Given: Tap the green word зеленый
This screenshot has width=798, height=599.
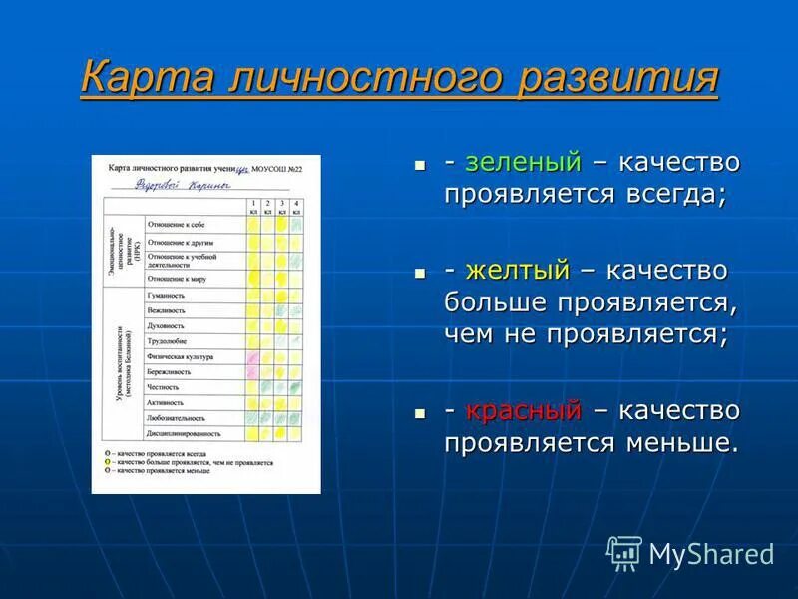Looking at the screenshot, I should [523, 162].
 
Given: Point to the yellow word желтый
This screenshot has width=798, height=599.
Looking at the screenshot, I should [517, 270].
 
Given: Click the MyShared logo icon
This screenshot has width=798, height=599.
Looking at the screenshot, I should [624, 552].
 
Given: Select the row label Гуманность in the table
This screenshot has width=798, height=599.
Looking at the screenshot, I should [166, 296].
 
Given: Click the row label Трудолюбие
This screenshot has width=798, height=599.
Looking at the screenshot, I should [166, 340].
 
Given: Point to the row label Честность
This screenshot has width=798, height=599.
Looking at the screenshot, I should [164, 387].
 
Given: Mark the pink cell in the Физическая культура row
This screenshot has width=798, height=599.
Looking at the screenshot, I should [253, 356].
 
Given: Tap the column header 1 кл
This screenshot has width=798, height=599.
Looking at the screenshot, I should [253, 208].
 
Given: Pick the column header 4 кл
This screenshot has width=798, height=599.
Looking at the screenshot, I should [296, 208].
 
